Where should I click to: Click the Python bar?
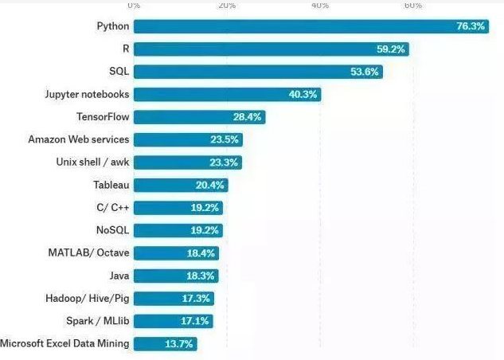click(x=311, y=26)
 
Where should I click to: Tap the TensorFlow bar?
click(x=199, y=117)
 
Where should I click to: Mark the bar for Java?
click(x=176, y=276)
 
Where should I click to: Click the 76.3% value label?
click(x=471, y=26)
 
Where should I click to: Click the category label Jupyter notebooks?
click(x=88, y=94)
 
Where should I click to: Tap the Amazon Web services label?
click(x=79, y=139)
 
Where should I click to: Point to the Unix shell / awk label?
click(x=92, y=162)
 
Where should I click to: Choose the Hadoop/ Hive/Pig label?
click(x=88, y=299)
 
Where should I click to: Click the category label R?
click(x=126, y=49)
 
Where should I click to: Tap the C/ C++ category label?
click(x=112, y=208)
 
